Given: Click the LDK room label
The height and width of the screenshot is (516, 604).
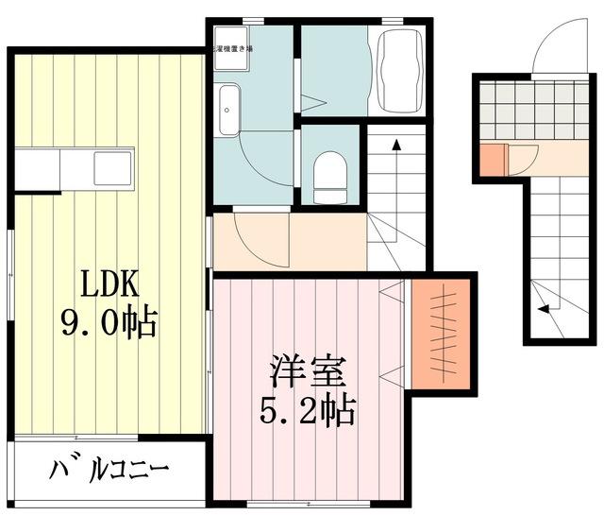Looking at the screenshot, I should (x=109, y=284).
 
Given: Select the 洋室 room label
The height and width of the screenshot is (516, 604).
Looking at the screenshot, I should (x=307, y=370).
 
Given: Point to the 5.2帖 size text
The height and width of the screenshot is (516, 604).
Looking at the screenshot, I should (x=307, y=410).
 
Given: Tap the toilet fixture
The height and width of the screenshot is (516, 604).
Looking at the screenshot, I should (x=329, y=176).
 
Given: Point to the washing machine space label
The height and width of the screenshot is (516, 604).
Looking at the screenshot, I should (x=233, y=47).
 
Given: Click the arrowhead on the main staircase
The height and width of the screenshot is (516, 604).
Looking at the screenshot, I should (x=396, y=145).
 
